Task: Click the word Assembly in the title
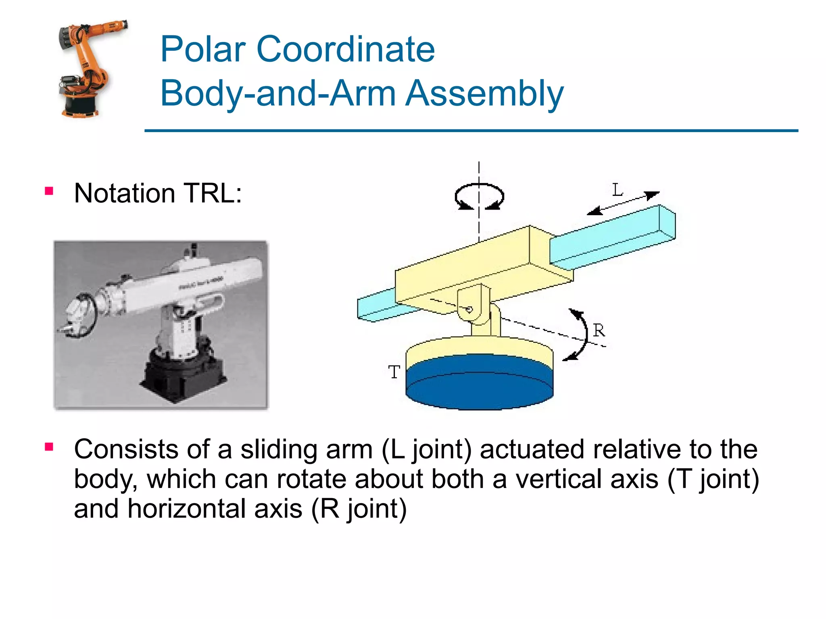point(484,93)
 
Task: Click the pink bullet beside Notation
point(49,191)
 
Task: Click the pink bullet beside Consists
point(49,447)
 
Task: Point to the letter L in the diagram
point(617,190)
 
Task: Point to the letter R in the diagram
point(599,330)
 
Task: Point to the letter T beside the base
point(394,372)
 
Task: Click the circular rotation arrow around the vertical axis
point(479,197)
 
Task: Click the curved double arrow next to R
point(581,334)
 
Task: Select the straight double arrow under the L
point(623,203)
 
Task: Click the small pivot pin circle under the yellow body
point(469,309)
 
